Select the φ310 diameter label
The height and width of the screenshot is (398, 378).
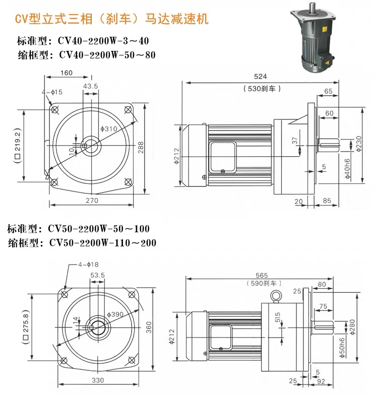click(x=108, y=129)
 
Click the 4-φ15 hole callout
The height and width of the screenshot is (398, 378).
click(x=52, y=92)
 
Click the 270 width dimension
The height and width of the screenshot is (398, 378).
click(x=91, y=201)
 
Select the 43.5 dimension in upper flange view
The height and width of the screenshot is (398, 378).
click(x=91, y=86)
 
